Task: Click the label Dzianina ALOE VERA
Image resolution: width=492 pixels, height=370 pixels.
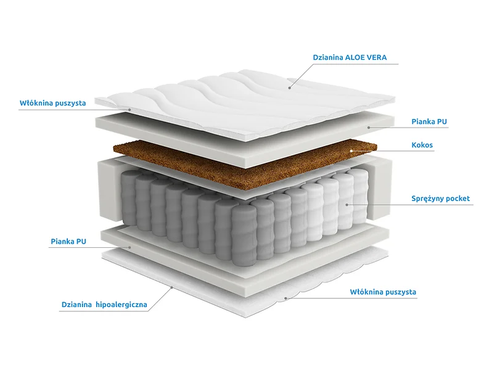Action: click(x=350, y=57)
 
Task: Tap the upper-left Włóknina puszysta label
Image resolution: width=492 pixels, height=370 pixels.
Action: click(x=53, y=103)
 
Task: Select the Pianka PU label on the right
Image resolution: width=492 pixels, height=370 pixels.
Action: click(x=429, y=121)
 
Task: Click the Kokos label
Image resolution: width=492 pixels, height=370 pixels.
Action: click(x=422, y=145)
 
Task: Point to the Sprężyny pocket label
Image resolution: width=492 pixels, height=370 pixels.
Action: click(x=441, y=199)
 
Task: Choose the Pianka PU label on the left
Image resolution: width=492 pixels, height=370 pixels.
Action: click(x=68, y=241)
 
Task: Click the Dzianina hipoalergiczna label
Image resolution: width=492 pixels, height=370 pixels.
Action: click(x=104, y=305)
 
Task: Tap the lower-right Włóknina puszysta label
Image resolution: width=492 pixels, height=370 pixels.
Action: click(x=383, y=292)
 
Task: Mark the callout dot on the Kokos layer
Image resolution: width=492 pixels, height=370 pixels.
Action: click(x=352, y=150)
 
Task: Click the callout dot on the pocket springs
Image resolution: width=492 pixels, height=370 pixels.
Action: click(x=346, y=205)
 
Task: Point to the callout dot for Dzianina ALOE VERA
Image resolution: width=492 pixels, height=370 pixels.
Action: click(x=290, y=88)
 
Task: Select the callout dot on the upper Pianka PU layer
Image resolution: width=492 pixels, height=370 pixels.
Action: click(x=369, y=128)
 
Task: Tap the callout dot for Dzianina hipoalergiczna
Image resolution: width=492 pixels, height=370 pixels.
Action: click(x=171, y=287)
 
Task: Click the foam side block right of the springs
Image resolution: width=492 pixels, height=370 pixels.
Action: click(x=381, y=188)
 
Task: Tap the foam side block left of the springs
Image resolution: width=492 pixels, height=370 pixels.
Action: click(x=109, y=191)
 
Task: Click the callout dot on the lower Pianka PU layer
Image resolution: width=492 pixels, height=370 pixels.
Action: click(x=130, y=247)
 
